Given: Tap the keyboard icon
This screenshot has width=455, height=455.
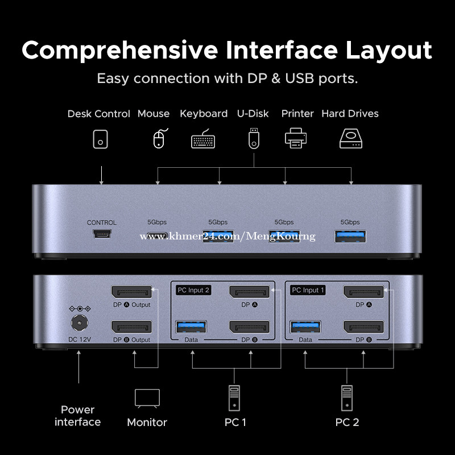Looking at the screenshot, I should [203, 139].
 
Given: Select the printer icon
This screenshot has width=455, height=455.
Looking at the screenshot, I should [295, 138].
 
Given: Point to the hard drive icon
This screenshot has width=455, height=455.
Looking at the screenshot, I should [350, 138].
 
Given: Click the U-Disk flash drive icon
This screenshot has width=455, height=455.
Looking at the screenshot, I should [253, 138].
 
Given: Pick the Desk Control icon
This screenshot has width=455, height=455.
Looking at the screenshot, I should [101, 139].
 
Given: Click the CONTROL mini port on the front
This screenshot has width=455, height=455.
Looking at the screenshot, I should [101, 234].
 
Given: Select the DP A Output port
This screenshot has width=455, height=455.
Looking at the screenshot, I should [131, 292].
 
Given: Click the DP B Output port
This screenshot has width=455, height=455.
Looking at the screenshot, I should [131, 327].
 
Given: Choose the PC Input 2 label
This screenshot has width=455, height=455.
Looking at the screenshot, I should [193, 290].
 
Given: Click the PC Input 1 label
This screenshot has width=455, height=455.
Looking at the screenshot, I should [307, 290].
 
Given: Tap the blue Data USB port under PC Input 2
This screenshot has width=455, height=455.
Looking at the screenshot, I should [191, 326].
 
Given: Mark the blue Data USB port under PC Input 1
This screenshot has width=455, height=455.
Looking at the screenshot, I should [305, 326].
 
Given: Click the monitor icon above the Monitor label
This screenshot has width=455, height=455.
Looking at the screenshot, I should [147, 399].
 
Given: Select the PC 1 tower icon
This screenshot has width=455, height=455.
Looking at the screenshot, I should [234, 398].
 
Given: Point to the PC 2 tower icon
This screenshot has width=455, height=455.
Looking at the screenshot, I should [347, 398].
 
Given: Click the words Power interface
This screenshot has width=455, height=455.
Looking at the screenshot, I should [78, 416].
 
